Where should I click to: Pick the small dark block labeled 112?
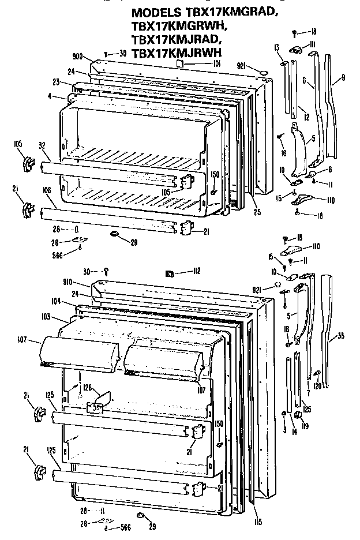tap(170, 273)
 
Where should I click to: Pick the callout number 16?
tap(284, 153)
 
